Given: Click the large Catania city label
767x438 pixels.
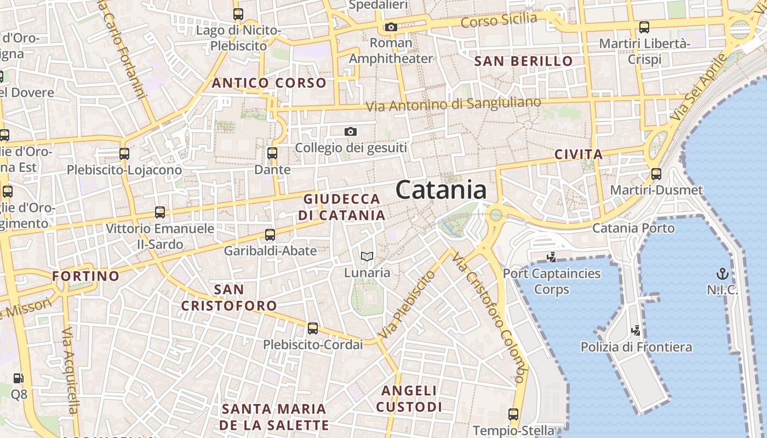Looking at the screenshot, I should click(440, 191).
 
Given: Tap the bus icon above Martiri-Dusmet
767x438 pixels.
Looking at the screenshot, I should click(656, 175).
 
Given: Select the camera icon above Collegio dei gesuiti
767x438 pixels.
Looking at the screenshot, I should click(351, 131).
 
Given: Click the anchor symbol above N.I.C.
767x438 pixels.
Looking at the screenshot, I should click(723, 273).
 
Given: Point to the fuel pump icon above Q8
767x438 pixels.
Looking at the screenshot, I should click(19, 378).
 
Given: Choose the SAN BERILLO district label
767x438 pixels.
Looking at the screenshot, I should click(523, 61).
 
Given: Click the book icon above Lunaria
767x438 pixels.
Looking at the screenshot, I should click(367, 256).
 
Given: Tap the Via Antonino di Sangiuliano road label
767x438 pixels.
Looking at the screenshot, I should click(453, 104).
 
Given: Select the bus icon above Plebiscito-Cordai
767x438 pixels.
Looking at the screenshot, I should click(312, 328).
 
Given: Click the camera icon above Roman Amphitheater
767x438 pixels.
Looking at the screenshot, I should click(391, 27).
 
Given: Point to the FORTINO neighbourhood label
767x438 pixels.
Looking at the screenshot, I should click(85, 276).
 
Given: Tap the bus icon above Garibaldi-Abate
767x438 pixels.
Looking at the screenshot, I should click(270, 235).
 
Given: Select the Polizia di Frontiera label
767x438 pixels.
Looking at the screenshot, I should click(636, 347).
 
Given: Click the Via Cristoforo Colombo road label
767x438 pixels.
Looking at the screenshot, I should click(489, 318).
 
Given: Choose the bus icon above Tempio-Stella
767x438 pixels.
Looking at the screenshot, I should click(513, 414).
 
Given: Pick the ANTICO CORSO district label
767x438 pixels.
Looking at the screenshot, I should click(269, 83).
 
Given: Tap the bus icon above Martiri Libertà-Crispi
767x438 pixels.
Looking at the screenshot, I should click(644, 27).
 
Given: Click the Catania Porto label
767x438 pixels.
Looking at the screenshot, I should click(633, 227).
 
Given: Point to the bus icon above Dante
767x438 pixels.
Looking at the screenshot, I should click(272, 153).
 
